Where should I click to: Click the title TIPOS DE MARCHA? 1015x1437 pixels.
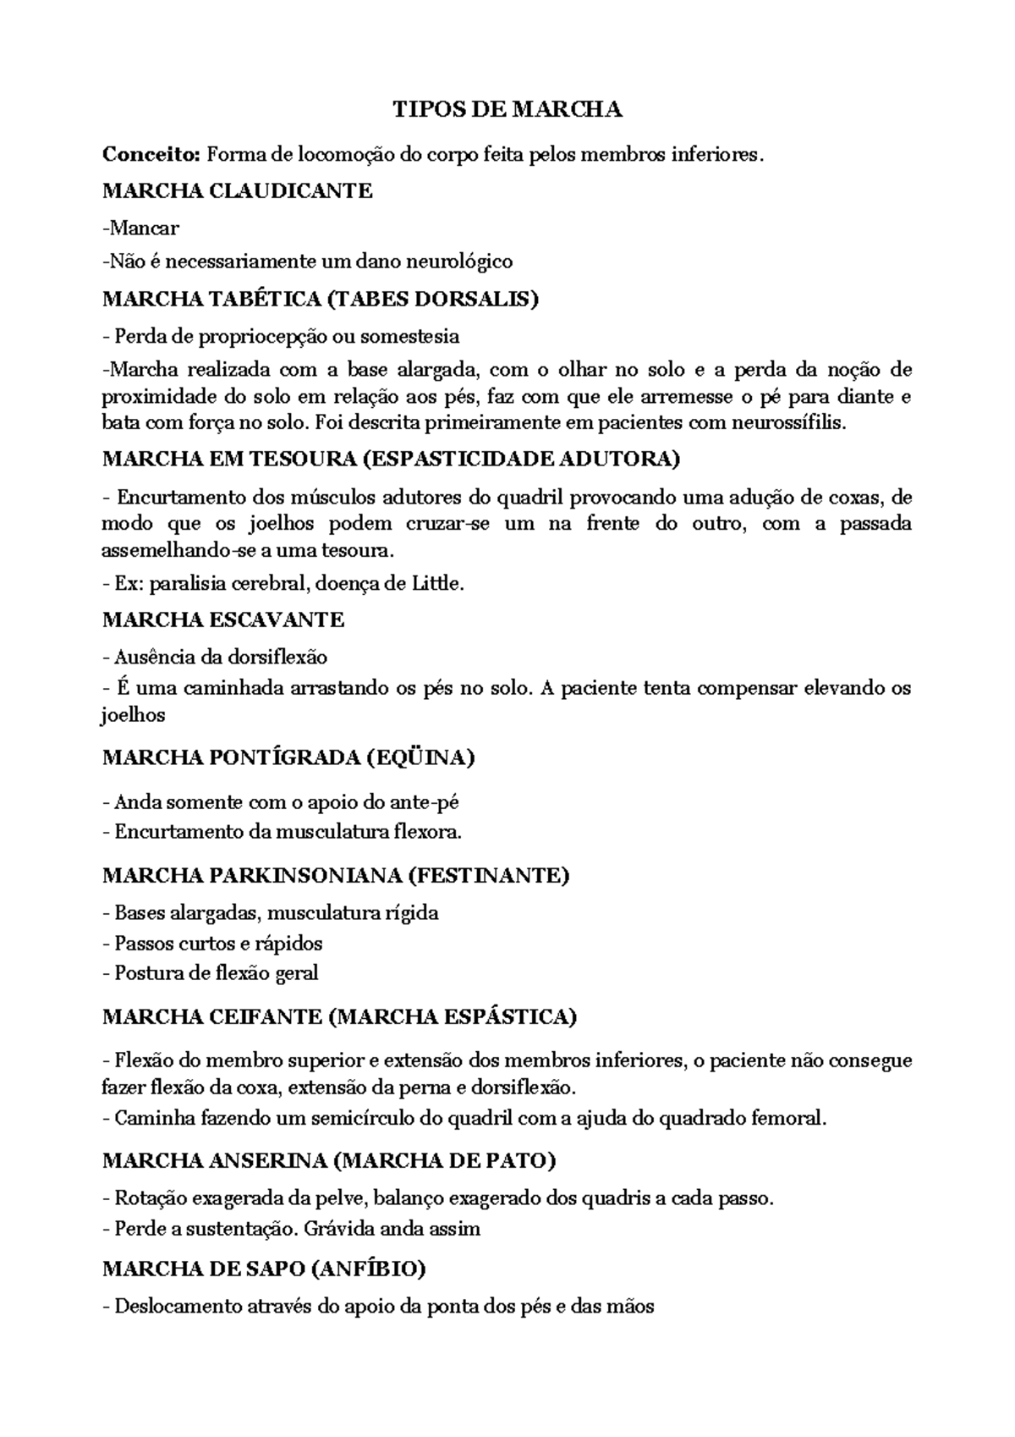tap(507, 110)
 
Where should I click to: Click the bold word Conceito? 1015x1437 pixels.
tap(151, 155)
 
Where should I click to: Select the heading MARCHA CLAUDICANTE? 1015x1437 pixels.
tap(237, 191)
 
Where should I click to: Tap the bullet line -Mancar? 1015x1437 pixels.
tap(140, 228)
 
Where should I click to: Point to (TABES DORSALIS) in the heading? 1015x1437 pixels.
tap(431, 299)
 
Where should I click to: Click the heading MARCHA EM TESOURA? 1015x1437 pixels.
tap(228, 460)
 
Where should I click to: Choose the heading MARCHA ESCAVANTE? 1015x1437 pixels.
tap(223, 620)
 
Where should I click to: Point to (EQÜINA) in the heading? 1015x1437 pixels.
tap(420, 757)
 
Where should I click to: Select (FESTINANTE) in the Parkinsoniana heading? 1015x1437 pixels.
tap(488, 875)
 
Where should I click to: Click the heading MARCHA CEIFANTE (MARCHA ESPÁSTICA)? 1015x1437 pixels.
tap(339, 1017)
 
